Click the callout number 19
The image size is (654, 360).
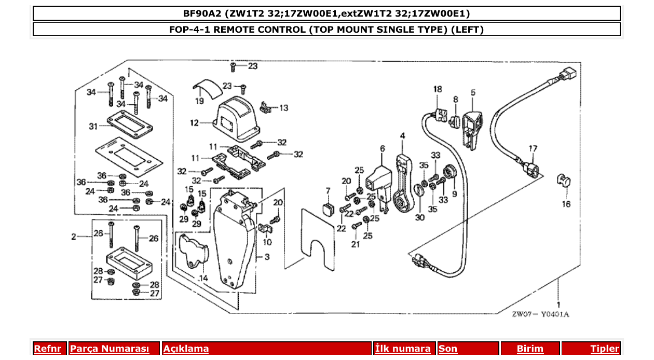(199, 101)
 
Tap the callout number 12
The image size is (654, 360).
(194, 123)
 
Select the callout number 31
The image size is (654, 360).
(93, 126)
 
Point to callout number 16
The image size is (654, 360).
(566, 204)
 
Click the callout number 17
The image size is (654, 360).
(533, 149)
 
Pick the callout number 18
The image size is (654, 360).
(437, 89)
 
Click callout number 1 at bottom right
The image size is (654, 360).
(558, 304)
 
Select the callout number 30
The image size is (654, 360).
(419, 217)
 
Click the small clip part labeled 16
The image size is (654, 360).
(563, 180)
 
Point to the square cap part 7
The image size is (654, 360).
(328, 209)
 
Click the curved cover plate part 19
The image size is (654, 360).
(207, 87)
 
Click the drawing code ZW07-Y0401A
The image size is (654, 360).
(540, 315)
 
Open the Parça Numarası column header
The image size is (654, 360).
(109, 349)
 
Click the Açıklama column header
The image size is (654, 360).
(186, 349)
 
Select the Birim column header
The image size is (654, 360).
(530, 349)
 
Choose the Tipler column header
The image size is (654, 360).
(604, 349)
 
